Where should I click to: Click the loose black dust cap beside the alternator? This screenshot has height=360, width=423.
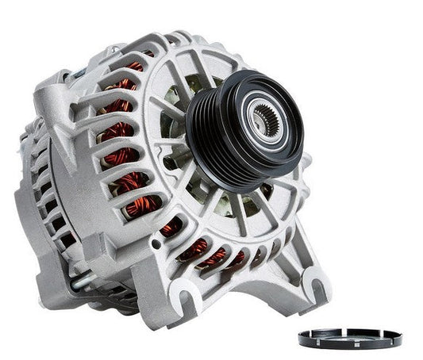coord(350,337)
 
